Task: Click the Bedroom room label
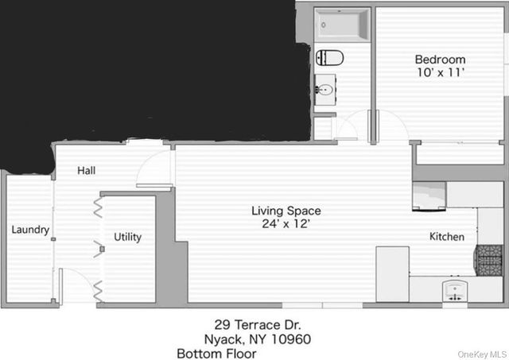440,60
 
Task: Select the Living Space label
286,211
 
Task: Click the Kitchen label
447,237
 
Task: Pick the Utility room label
127,237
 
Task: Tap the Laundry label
31,230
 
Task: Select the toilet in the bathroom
329,57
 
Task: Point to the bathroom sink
324,89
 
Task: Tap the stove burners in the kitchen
489,259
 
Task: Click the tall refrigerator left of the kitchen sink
392,273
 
